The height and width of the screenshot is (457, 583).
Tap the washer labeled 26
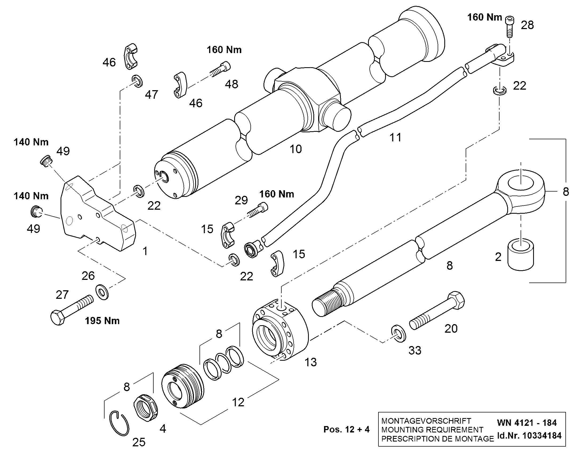(x=102, y=292)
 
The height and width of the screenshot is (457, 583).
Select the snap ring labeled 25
(x=120, y=423)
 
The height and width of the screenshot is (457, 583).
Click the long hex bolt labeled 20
(x=437, y=310)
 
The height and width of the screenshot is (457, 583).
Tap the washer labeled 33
(x=398, y=334)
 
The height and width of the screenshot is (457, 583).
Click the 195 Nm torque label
(x=102, y=321)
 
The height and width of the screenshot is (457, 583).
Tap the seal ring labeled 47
(x=137, y=81)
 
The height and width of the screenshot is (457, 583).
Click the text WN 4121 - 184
(x=527, y=423)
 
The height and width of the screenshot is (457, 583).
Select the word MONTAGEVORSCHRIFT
(x=426, y=421)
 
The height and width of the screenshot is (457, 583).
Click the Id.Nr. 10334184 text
(x=529, y=436)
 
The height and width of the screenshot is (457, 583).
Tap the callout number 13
(x=311, y=362)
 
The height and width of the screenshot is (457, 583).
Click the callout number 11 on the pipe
(x=396, y=138)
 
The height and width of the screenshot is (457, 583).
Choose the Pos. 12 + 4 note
(x=347, y=430)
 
